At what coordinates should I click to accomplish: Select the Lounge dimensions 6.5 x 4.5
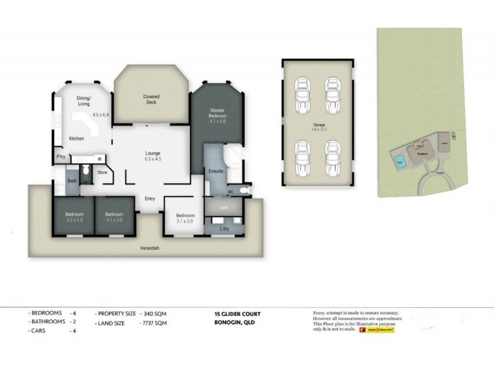coord(153,158)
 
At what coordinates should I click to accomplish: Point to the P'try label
coord(61,157)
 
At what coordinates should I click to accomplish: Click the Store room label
coord(102,172)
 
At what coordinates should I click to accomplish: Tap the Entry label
coord(149,199)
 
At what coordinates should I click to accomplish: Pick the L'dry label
coord(225,229)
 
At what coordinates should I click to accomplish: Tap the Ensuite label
coord(216,171)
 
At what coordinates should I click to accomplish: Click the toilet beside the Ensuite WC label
coord(245,191)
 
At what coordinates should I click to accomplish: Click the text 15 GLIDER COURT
coord(233,314)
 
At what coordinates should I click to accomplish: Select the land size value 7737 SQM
coord(153,323)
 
